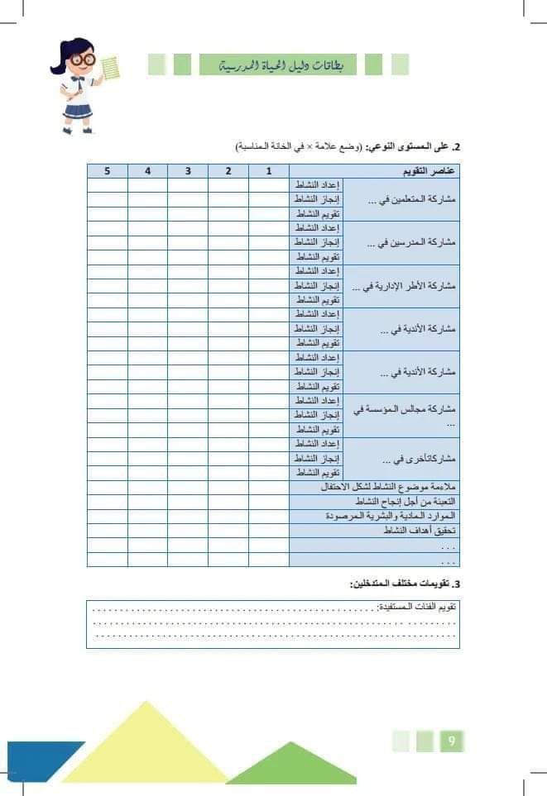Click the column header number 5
[107, 171]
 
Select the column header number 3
[188, 171]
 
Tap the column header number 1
[268, 171]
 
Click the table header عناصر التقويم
[426, 171]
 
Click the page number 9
[452, 741]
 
